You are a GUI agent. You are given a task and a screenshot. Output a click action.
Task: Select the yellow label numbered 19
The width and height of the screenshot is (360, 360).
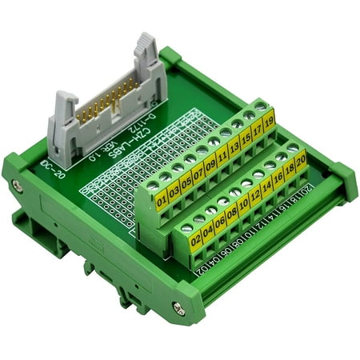coord(269,122)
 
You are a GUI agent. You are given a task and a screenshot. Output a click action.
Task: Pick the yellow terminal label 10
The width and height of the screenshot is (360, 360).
coord(243,202)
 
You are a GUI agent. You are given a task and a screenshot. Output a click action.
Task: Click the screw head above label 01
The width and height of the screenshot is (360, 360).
coord(153,185)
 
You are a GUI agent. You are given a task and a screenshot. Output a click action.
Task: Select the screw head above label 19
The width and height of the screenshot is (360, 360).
coord(260,105)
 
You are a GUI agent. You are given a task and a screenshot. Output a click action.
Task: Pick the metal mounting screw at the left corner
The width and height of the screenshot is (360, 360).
coord(17,186)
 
